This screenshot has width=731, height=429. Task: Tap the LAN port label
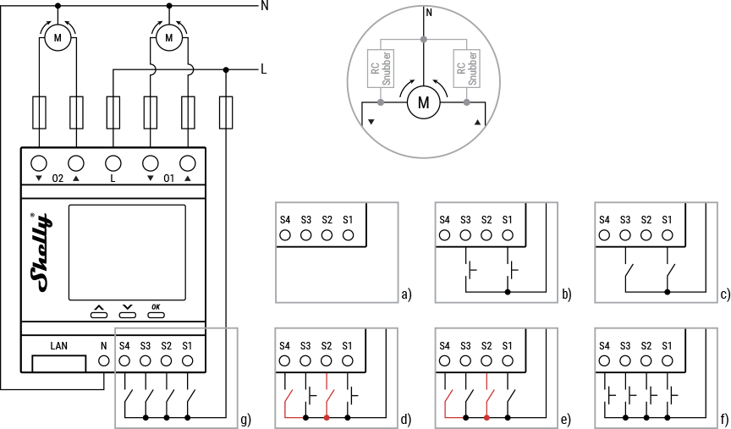pyautogui.click(x=58, y=345)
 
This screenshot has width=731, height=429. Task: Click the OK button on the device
pyautogui.click(x=156, y=313)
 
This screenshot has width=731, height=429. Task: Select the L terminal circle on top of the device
pyautogui.click(x=113, y=163)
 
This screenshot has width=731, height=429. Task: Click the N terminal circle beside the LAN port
pyautogui.click(x=104, y=361)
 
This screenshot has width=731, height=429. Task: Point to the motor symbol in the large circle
pyautogui.click(x=425, y=104)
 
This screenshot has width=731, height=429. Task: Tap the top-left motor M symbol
pyautogui.click(x=58, y=37)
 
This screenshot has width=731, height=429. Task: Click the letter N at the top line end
pyautogui.click(x=265, y=6)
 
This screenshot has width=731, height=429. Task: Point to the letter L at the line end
pyautogui.click(x=264, y=69)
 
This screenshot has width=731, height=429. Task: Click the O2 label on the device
pyautogui.click(x=58, y=179)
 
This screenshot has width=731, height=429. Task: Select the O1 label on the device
pyautogui.click(x=168, y=179)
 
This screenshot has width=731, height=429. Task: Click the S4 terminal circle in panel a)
pyautogui.click(x=285, y=234)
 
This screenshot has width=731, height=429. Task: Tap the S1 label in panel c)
pyautogui.click(x=667, y=220)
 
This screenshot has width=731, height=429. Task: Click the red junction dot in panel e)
pyautogui.click(x=486, y=417)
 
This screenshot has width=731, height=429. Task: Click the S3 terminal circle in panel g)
pyautogui.click(x=146, y=361)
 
